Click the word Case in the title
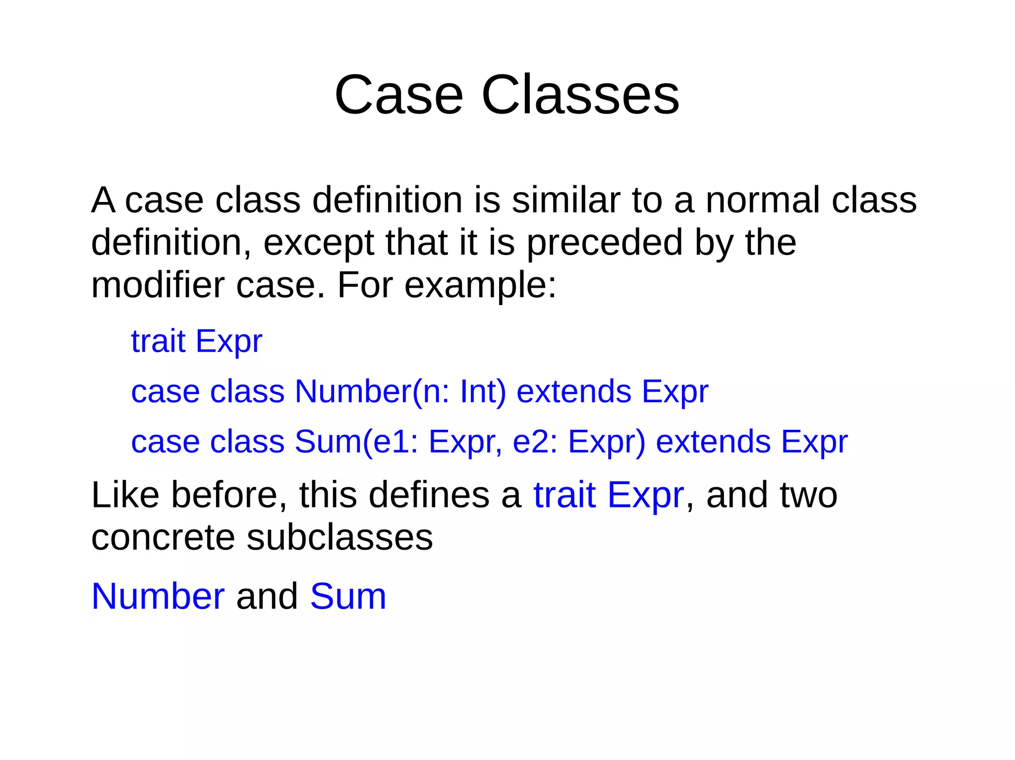click(x=398, y=95)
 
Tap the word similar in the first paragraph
click(x=565, y=200)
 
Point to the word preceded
click(x=605, y=243)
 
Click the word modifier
click(x=158, y=285)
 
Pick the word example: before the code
click(x=480, y=286)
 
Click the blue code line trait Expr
click(x=196, y=342)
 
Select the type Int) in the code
click(x=483, y=392)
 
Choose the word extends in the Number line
click(x=573, y=392)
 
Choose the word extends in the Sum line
click(x=713, y=442)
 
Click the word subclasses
click(x=339, y=538)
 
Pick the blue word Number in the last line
click(x=158, y=596)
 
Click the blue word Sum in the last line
click(x=347, y=596)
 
